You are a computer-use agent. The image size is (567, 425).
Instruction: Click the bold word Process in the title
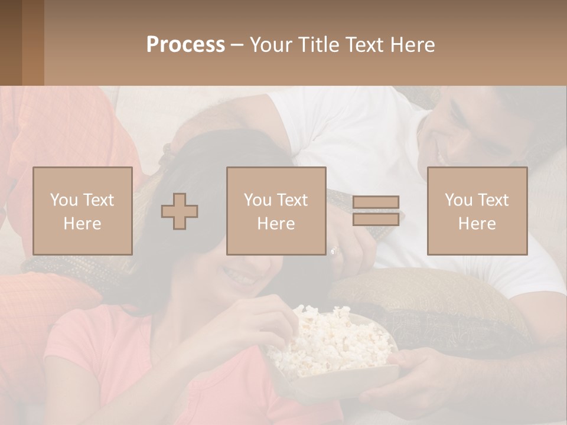coord(185,44)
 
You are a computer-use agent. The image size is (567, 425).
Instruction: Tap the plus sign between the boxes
coord(180,211)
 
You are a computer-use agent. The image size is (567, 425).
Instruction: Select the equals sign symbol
coord(376,211)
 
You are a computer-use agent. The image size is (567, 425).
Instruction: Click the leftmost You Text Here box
coord(83,211)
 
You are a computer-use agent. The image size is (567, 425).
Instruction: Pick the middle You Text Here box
coord(276,211)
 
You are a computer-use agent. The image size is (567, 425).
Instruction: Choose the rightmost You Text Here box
coord(477,211)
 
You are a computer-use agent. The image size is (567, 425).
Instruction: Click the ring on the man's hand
coord(335,250)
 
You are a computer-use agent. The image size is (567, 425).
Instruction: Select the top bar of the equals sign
coord(376,202)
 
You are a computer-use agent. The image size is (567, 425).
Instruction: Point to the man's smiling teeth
coord(442,155)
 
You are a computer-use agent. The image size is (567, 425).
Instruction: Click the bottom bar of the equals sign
coord(376,219)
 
